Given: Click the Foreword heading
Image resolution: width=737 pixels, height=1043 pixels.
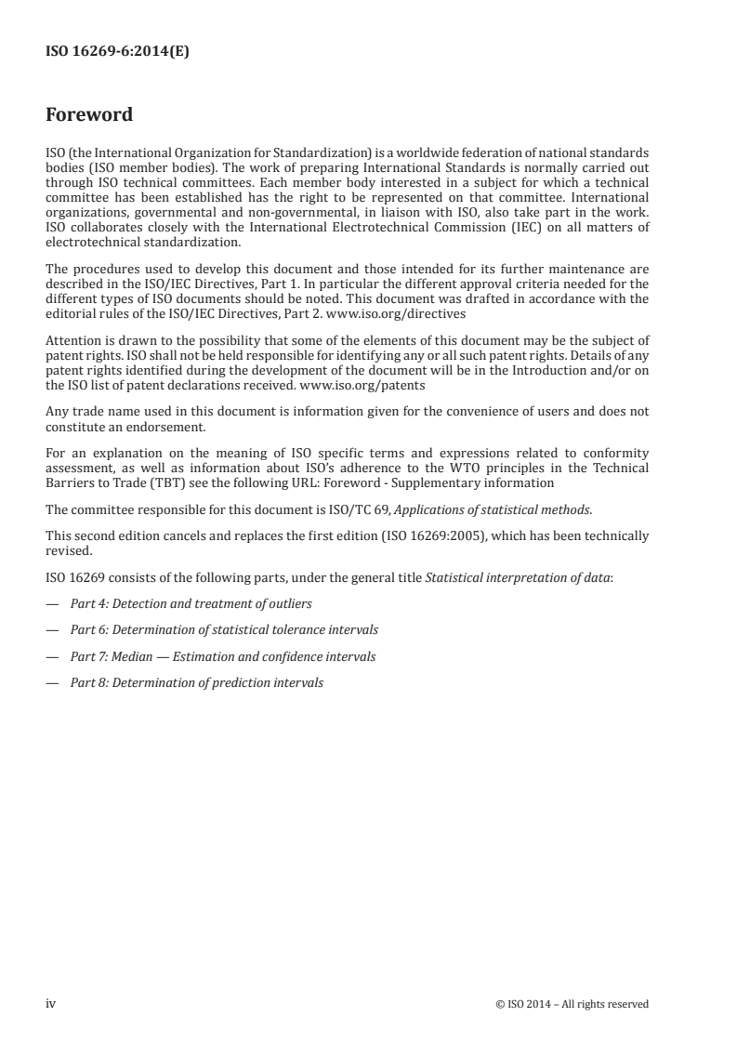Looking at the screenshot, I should click(x=89, y=115).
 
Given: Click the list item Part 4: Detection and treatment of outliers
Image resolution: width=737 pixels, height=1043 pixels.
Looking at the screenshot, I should click(x=191, y=603).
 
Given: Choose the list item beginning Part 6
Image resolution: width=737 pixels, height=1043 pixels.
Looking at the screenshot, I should click(x=224, y=630).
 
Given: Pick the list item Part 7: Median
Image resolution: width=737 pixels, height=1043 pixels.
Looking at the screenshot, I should click(x=223, y=656).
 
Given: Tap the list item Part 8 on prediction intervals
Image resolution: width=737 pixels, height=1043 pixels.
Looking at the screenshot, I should click(x=197, y=682).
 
